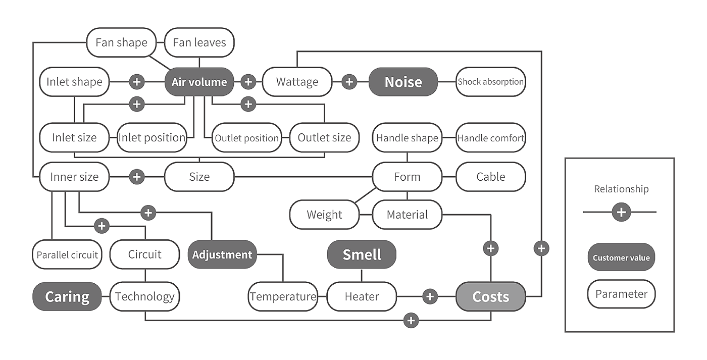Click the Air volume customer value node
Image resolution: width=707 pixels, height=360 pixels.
(x=199, y=82)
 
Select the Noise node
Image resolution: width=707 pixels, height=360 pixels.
(x=403, y=82)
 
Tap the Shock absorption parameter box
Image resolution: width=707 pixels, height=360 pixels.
(x=490, y=82)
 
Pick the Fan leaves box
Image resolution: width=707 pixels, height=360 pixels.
(x=199, y=42)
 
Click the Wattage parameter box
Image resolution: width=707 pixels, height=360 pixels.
(x=297, y=82)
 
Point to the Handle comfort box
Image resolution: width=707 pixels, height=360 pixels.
(x=490, y=137)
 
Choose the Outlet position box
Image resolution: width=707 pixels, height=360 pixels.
(x=246, y=138)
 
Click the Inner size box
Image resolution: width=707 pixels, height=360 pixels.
(x=74, y=177)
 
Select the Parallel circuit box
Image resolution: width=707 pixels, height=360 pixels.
(x=67, y=254)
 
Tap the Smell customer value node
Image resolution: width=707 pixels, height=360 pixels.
(x=362, y=254)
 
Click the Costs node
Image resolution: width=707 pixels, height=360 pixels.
(x=490, y=296)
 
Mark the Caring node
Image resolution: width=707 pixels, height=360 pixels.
(x=67, y=296)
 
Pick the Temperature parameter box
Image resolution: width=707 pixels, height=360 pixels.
(x=283, y=296)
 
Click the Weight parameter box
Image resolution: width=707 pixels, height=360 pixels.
(x=324, y=215)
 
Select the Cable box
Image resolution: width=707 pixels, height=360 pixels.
(x=490, y=177)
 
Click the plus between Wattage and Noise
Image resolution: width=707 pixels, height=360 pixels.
(x=349, y=82)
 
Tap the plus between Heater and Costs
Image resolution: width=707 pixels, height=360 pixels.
(x=430, y=296)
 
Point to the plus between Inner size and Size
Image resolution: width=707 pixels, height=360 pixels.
(x=137, y=177)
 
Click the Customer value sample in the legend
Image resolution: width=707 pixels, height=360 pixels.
(x=621, y=258)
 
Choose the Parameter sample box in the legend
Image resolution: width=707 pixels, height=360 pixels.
(x=621, y=294)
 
